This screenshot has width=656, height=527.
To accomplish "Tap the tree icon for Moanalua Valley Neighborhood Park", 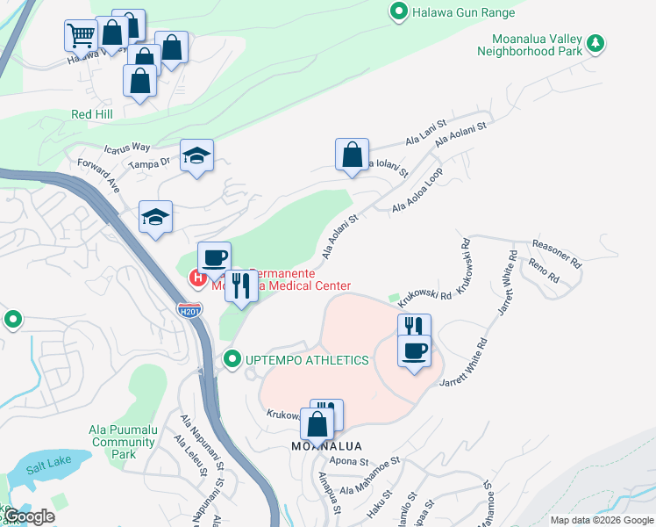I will click(x=595, y=42).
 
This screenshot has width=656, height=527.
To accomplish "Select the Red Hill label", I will click(x=94, y=115).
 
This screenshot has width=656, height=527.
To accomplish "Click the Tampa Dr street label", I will click(x=148, y=163).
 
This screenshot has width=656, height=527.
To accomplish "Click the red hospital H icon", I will click(x=198, y=279).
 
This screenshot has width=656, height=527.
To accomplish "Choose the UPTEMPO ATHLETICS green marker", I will click(x=232, y=359).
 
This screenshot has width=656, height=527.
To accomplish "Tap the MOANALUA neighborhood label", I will click(x=326, y=446).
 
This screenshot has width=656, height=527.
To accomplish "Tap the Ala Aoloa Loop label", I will click(x=417, y=191).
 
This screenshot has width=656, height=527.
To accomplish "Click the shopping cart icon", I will click(x=80, y=35).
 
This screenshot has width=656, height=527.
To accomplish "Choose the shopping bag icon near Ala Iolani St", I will click(x=351, y=155).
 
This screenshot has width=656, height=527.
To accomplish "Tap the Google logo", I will click(x=29, y=516).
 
